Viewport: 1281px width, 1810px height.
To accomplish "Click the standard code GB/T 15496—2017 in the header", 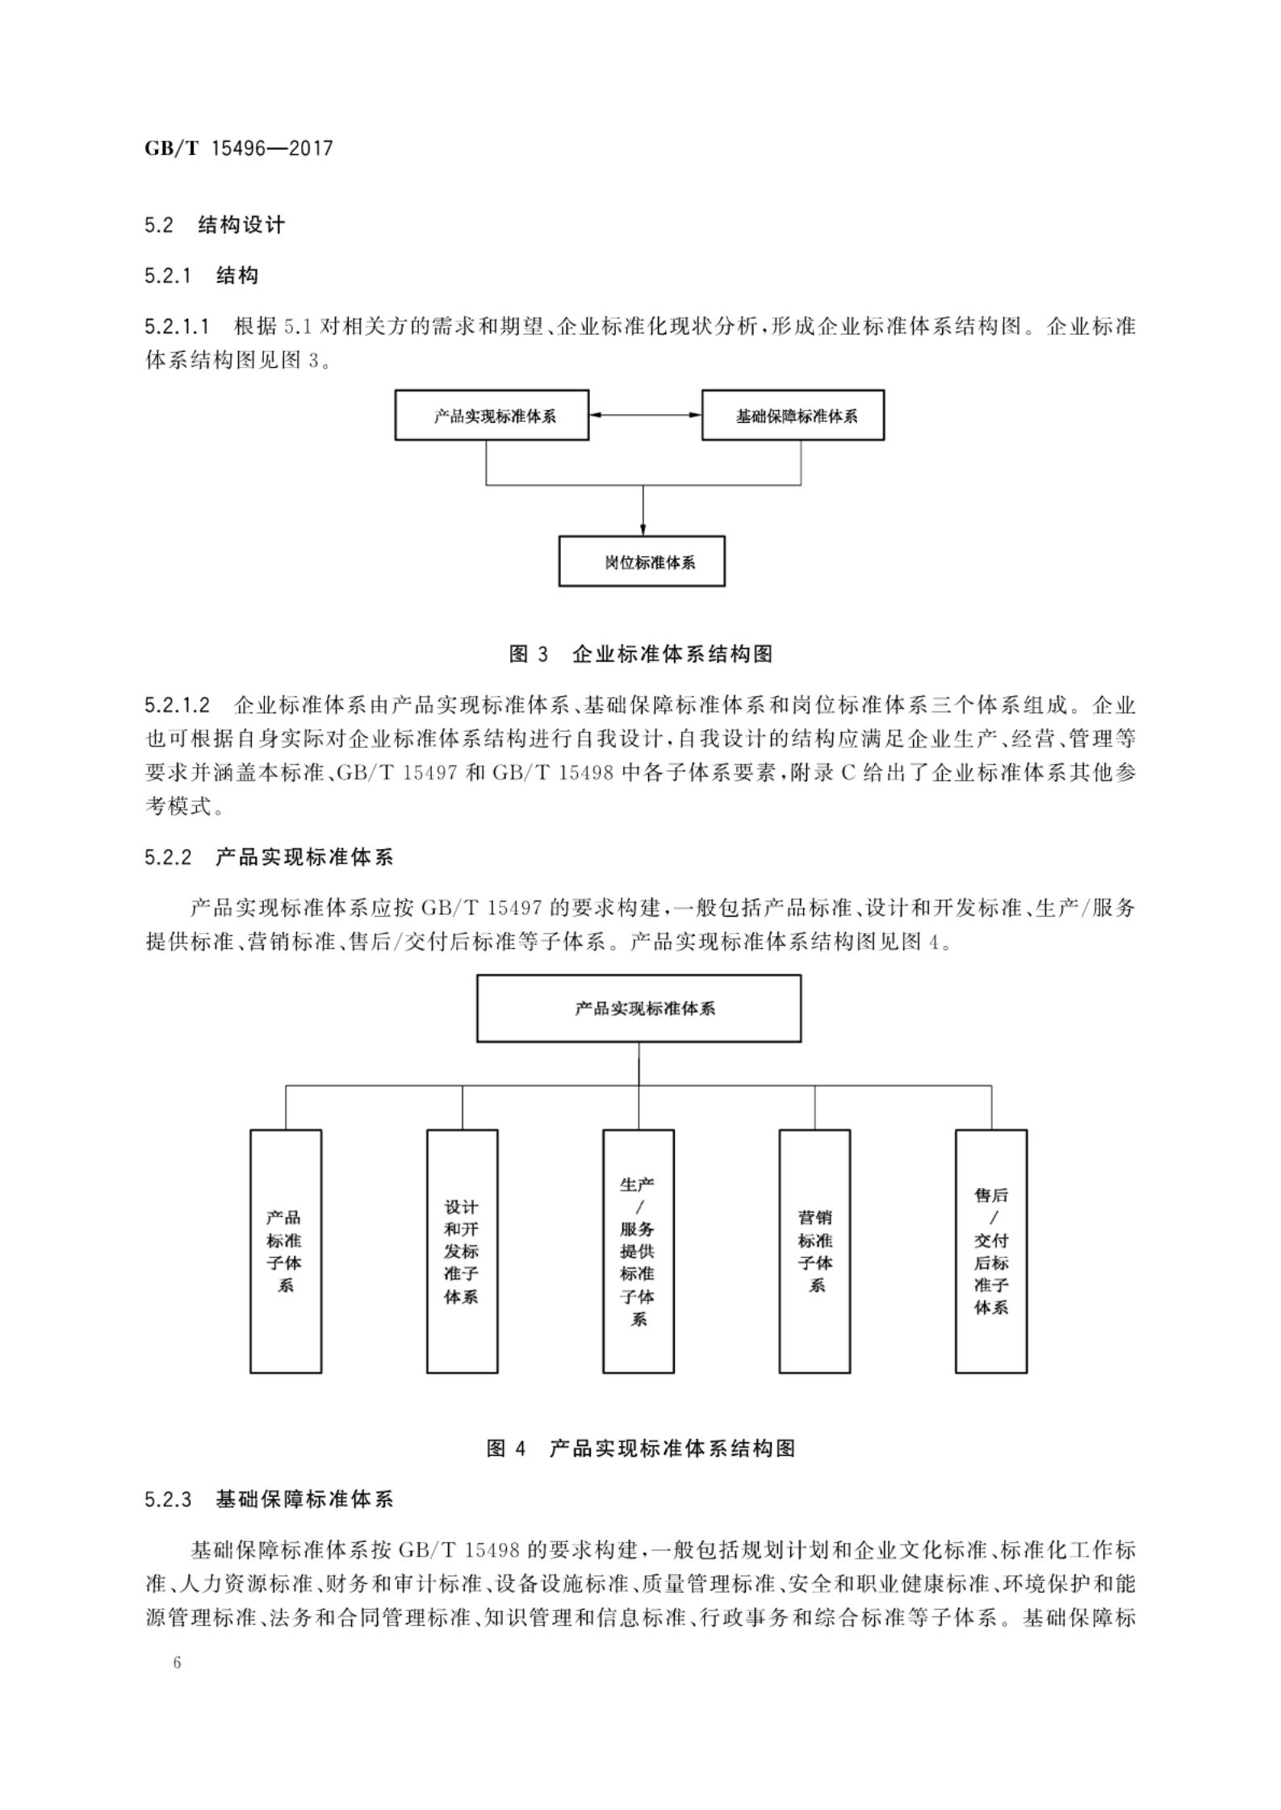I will tap(238, 148).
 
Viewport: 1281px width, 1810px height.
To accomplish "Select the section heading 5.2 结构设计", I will tap(215, 225).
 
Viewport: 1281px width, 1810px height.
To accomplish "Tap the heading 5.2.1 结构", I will tap(201, 276).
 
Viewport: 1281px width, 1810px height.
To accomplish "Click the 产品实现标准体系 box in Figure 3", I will tap(492, 416).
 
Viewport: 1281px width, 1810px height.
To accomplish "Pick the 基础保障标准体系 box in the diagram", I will tap(793, 416).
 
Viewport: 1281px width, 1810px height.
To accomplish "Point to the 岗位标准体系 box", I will tap(642, 562).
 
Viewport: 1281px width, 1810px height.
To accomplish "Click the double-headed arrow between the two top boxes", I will tap(645, 415).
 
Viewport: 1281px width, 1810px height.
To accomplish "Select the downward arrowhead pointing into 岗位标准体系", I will tap(643, 529).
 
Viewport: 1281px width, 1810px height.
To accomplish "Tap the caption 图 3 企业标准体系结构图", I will tap(641, 654).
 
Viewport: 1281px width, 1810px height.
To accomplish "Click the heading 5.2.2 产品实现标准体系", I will tap(269, 857).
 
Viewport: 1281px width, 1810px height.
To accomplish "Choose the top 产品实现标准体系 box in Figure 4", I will tap(638, 1009).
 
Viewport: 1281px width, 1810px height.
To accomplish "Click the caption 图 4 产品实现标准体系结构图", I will tap(641, 1448).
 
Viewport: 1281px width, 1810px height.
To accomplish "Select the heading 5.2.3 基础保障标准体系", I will tap(269, 1500).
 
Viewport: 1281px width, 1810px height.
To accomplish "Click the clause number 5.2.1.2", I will tap(178, 706).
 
